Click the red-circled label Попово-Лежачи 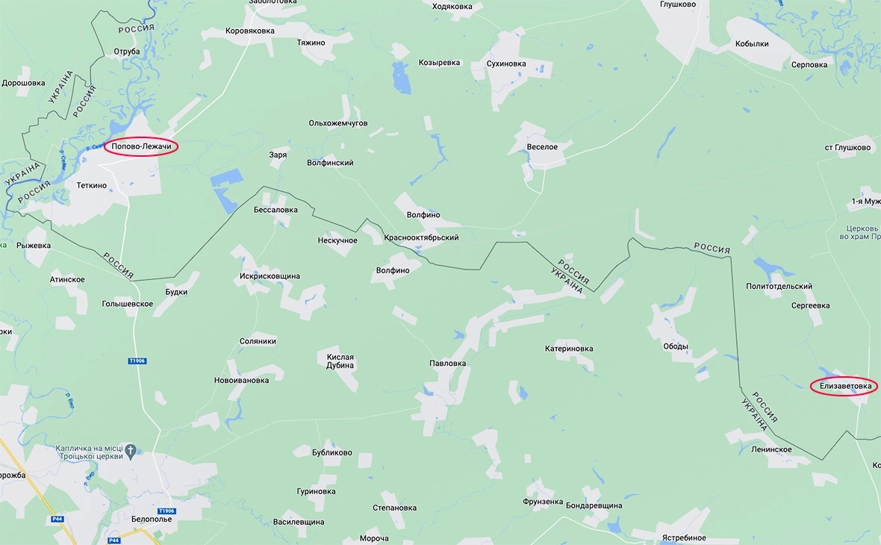click(141, 146)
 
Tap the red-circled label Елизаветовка click(844, 386)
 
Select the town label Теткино click(92, 185)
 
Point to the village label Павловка click(447, 364)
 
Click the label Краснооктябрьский click(421, 237)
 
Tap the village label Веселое click(542, 147)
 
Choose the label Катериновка click(569, 348)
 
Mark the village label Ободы click(676, 346)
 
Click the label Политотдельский click(779, 287)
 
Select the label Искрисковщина click(270, 276)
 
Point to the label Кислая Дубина click(340, 362)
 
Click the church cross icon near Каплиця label click(131, 450)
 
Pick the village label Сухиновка click(505, 64)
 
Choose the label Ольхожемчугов click(338, 123)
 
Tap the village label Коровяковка click(250, 31)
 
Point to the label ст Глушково click(847, 147)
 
